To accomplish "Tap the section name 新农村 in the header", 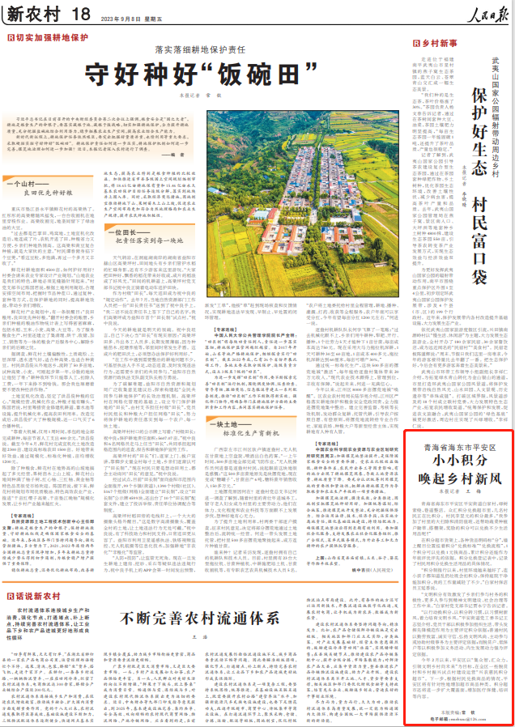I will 33,13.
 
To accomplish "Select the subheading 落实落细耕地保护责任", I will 213,49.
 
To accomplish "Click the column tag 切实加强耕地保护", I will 49,37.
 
